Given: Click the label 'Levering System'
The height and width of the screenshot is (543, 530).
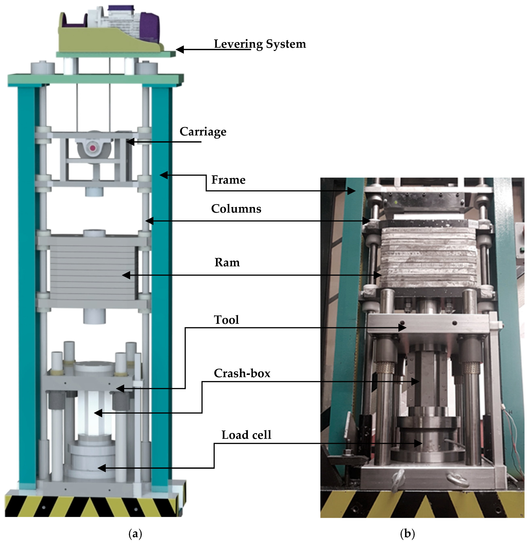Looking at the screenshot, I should (260, 44).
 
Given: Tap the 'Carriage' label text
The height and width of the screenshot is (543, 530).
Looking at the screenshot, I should (203, 131).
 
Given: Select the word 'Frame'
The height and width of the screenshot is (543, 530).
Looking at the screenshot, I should (228, 180).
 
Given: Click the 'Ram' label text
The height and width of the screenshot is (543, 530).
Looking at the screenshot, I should (227, 262).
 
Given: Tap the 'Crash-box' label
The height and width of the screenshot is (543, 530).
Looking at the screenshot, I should (242, 373).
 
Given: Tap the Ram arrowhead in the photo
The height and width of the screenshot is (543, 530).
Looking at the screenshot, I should (378, 275).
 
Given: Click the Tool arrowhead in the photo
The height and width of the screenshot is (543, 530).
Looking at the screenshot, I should (402, 328).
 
